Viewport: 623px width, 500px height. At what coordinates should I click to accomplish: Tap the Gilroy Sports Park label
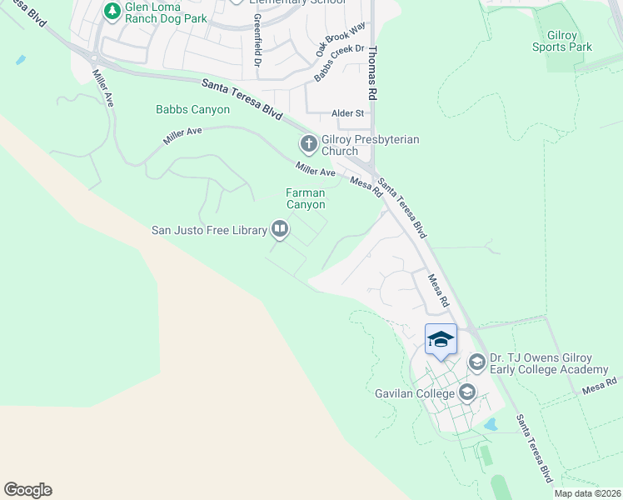tap(562, 41)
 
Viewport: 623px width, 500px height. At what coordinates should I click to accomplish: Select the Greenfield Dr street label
tap(257, 41)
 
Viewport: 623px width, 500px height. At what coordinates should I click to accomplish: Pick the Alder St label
tap(348, 113)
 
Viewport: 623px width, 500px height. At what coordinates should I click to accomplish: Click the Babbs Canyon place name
tap(192, 109)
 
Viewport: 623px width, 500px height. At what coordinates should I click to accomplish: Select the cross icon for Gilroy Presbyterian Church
tap(308, 145)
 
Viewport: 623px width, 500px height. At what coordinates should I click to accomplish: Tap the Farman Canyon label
tap(306, 198)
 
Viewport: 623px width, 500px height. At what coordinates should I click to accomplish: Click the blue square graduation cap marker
tap(441, 340)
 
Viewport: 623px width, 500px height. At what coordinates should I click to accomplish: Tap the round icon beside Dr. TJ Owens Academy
tap(477, 362)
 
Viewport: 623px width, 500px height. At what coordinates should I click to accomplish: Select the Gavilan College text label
tap(411, 392)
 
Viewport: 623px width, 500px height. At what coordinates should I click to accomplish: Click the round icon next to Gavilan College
tap(467, 392)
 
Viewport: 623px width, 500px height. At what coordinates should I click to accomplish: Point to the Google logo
tap(27, 490)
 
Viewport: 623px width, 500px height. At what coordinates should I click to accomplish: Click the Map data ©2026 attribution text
tap(586, 493)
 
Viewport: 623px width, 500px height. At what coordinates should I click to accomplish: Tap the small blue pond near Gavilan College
tap(491, 424)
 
